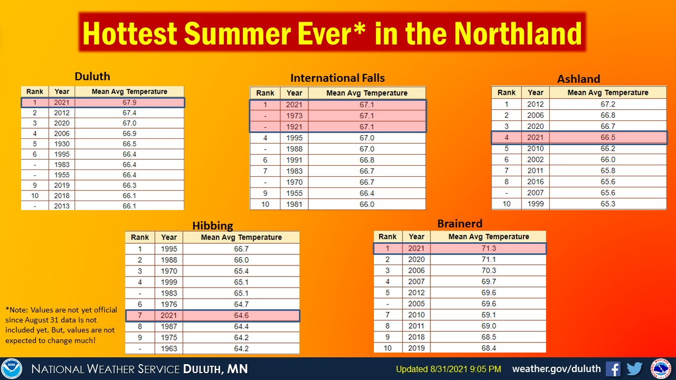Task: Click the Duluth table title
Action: click(x=92, y=77)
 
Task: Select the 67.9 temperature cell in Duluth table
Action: click(x=129, y=102)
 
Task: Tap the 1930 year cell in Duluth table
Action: click(x=62, y=144)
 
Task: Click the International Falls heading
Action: click(x=337, y=78)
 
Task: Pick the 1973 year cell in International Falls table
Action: click(x=294, y=116)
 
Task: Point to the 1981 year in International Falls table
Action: click(x=294, y=204)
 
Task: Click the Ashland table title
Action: click(x=578, y=79)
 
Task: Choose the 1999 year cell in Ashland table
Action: click(x=535, y=204)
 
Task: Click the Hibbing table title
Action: click(x=212, y=226)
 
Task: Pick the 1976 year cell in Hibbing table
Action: click(x=169, y=305)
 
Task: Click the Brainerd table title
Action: click(x=459, y=224)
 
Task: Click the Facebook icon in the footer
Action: click(x=613, y=368)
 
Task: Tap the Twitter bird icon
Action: click(x=634, y=368)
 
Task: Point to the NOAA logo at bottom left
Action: click(x=12, y=368)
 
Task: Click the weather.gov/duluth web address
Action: click(x=556, y=368)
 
